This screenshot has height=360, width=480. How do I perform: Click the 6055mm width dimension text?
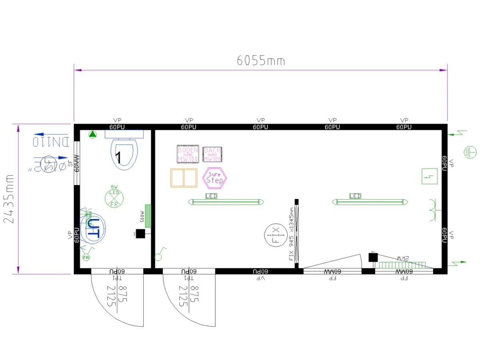261,60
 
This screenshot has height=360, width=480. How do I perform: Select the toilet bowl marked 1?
124,154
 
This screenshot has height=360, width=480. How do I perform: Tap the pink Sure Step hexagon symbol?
215,178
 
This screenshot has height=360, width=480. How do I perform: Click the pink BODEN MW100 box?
188,154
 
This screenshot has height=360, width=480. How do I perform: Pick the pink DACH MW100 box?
212,154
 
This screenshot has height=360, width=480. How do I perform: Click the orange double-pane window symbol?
184,178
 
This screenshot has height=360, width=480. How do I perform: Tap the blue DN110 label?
52,141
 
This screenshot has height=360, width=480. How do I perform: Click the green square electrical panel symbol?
429,176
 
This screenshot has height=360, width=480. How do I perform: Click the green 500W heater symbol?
148,216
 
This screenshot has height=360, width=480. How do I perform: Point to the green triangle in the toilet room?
93,135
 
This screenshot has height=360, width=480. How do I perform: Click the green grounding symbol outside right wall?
470,152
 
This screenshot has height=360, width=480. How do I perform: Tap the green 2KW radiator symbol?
402,264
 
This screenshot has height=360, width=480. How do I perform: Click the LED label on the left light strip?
211,196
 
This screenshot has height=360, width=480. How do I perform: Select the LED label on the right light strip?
355,196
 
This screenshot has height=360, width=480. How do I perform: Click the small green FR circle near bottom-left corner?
86,257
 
